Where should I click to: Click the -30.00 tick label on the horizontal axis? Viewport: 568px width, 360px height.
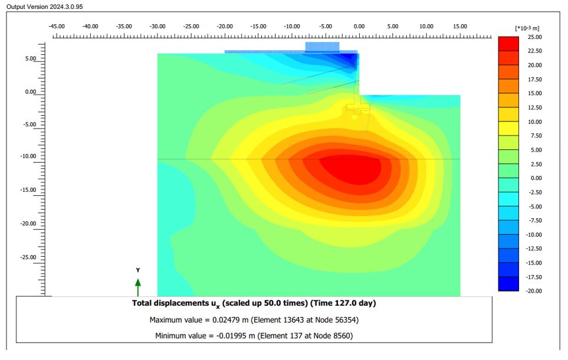(157, 27)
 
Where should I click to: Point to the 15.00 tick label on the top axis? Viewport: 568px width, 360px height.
(460, 27)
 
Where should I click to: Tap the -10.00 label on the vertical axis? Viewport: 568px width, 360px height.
(28, 156)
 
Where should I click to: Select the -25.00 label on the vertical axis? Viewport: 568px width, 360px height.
(28, 257)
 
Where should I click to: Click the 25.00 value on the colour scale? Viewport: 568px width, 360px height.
(535, 37)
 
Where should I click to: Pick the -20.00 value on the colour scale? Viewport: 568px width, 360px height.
(534, 291)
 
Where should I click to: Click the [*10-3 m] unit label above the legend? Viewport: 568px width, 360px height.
(527, 28)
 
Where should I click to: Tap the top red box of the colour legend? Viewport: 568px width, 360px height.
(508, 44)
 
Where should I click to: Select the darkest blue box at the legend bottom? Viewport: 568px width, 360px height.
(508, 283)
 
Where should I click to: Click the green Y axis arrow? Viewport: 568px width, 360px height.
(138, 287)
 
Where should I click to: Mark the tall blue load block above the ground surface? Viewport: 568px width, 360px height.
(323, 47)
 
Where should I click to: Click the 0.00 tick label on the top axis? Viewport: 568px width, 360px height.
(359, 27)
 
